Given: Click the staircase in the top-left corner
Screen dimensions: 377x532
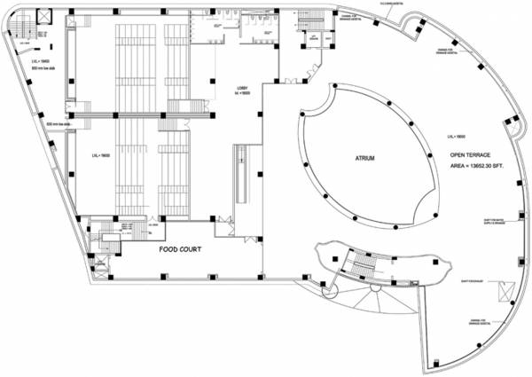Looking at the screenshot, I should tap(25, 35).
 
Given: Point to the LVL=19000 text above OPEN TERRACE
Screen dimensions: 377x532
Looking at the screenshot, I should tap(458, 137).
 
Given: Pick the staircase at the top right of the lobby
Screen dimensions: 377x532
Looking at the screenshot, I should tap(310, 20).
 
